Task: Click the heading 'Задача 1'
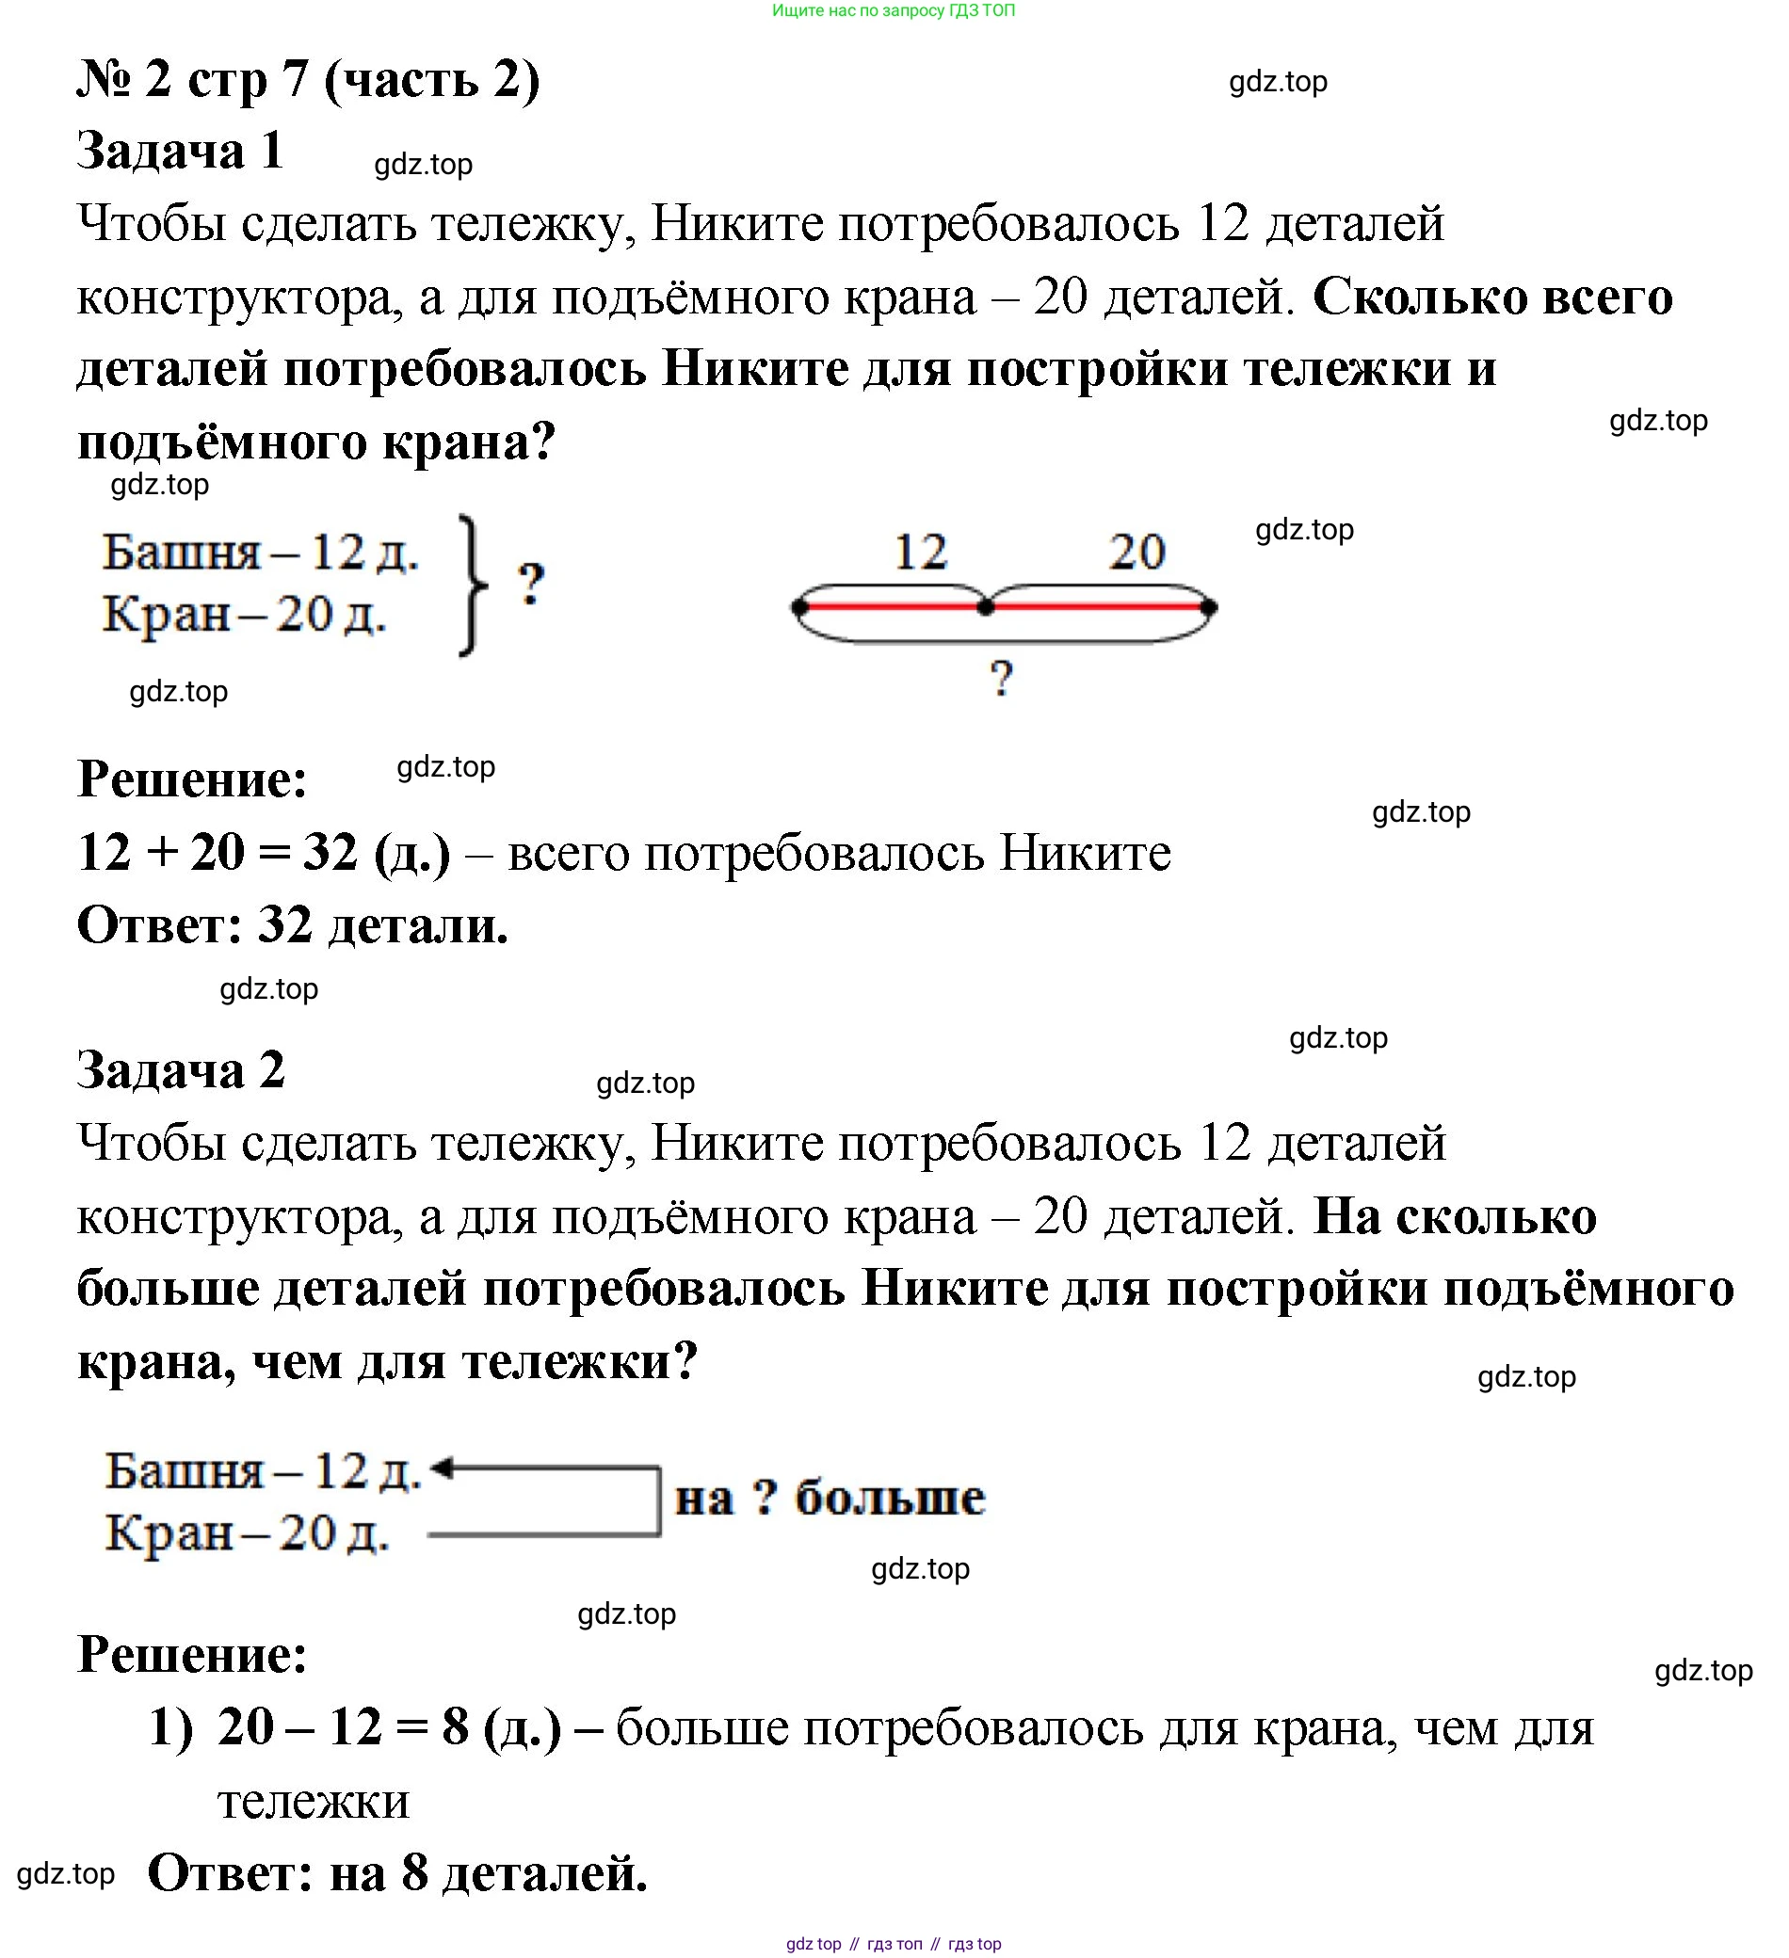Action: coord(180,152)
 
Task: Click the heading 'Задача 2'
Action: coord(181,1070)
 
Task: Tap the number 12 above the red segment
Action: coord(920,552)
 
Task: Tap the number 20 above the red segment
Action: coord(1136,552)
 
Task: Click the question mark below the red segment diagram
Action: coord(1001,678)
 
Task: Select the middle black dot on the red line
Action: coord(986,608)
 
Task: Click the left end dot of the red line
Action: coord(799,608)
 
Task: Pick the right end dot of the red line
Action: coord(1208,608)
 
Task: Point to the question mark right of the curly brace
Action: coord(530,584)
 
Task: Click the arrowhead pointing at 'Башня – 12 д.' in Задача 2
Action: coord(442,1468)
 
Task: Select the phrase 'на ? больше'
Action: coord(830,1498)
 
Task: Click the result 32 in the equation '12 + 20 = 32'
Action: coord(330,853)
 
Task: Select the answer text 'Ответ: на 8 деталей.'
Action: coord(397,1873)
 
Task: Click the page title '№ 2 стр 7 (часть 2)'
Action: coord(308,80)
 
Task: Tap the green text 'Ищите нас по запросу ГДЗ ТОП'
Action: coord(894,10)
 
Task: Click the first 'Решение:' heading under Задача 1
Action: coord(192,778)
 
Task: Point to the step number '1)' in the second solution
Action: coord(171,1729)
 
